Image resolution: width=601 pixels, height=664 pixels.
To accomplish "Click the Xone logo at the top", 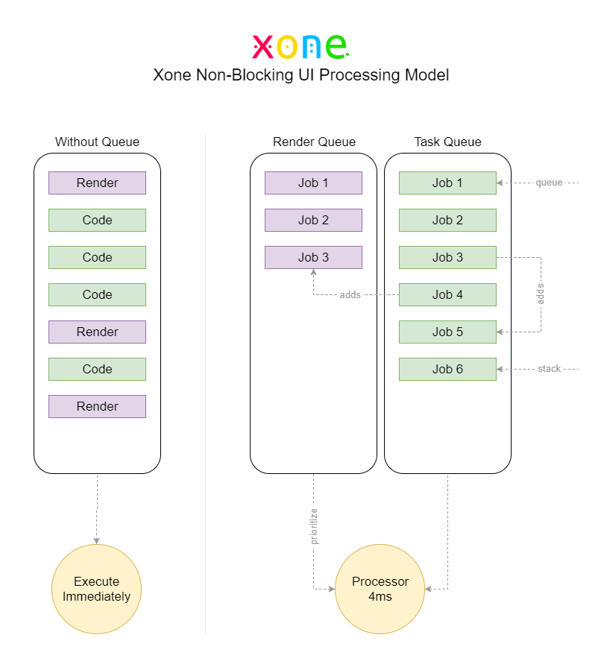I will [x=300, y=45].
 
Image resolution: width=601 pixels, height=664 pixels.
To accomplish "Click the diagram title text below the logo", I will [x=300, y=75].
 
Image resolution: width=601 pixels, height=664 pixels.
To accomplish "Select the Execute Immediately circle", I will [x=97, y=589].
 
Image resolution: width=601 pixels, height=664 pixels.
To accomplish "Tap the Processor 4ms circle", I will [x=380, y=589].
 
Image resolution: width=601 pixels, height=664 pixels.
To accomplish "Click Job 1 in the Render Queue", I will [x=313, y=183].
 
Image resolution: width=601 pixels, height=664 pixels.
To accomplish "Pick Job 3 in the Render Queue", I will [x=313, y=257].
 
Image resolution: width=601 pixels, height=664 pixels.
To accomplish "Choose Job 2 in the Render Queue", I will [x=313, y=220].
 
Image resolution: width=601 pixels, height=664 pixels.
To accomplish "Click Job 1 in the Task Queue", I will [x=447, y=183].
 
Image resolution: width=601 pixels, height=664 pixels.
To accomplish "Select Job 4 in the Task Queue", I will [x=447, y=294].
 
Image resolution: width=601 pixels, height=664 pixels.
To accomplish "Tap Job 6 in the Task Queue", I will [x=447, y=369].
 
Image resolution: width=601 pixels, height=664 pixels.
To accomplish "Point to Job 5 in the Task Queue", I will [x=447, y=332].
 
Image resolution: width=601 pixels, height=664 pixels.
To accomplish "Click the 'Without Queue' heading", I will [x=97, y=142].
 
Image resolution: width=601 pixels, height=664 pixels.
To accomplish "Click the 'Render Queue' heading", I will [x=314, y=142].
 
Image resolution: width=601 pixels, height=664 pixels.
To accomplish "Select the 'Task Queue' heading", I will [x=447, y=142].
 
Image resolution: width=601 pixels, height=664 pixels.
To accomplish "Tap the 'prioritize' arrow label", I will [x=314, y=526].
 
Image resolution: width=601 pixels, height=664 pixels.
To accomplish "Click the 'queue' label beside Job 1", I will [x=549, y=183].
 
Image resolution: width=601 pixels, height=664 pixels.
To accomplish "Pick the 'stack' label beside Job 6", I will [x=549, y=369].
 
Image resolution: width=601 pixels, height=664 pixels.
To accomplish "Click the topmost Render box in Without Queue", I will [x=97, y=183].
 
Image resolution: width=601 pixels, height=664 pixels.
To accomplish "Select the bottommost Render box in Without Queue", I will [x=97, y=406].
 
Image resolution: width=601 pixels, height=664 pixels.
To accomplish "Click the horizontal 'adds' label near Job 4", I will [x=350, y=295].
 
